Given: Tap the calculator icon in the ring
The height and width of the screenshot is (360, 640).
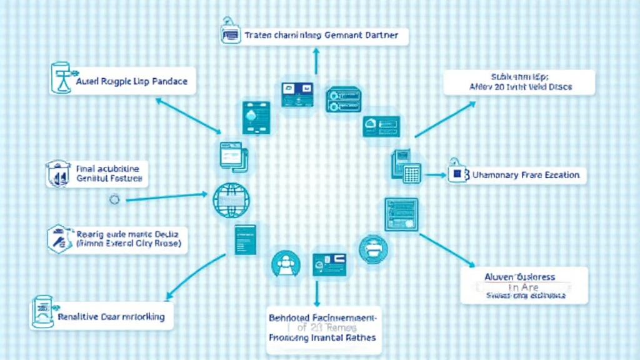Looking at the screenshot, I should (x=411, y=173).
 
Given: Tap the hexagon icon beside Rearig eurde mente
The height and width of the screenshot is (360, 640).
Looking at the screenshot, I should (x=58, y=239).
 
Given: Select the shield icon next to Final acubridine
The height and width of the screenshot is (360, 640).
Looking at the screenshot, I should (x=57, y=174).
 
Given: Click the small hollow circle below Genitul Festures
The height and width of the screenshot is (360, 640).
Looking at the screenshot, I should (x=114, y=200).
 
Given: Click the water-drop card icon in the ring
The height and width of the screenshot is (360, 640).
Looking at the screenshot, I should (x=255, y=117).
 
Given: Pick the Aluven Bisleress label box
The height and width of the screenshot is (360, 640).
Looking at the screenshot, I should (x=524, y=286).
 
